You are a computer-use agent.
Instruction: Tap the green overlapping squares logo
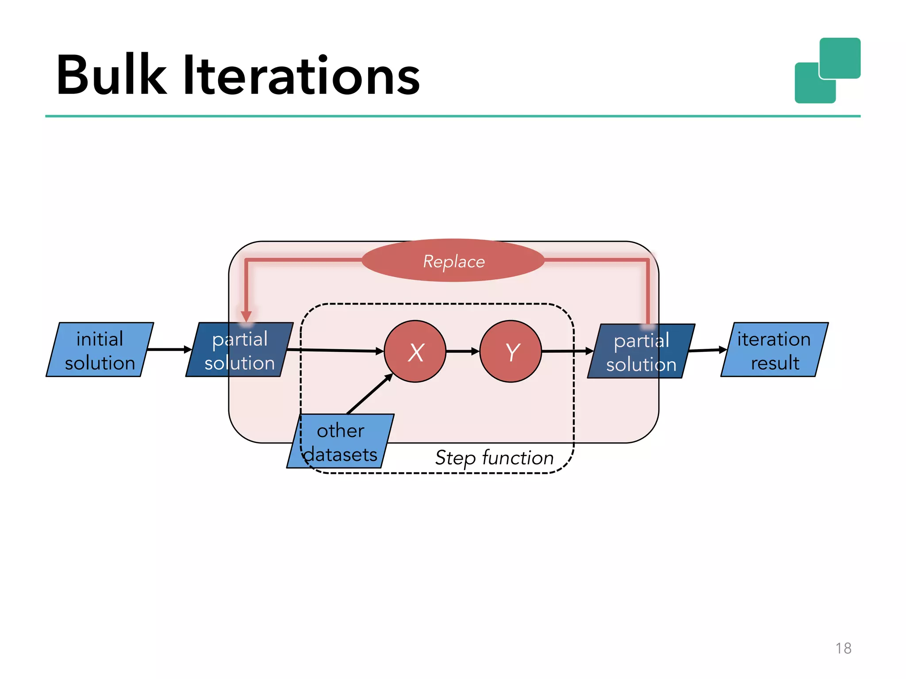coord(827,71)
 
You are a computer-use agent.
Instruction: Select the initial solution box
coord(100,350)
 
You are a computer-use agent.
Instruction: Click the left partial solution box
coord(239,350)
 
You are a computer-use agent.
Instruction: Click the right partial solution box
coord(641,351)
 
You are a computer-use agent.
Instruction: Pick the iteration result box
coord(774,350)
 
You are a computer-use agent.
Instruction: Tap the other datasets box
coord(340,441)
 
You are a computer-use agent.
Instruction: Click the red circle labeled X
coord(415,351)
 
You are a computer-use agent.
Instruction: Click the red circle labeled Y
coord(511,351)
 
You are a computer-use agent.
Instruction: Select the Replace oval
coord(453,261)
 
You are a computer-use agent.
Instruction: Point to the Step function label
coord(494,458)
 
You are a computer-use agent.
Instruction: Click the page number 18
coord(843,648)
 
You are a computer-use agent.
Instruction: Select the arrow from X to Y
coord(462,351)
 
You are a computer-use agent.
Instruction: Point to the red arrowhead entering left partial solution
coord(246,316)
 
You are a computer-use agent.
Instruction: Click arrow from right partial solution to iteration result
coord(707,350)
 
